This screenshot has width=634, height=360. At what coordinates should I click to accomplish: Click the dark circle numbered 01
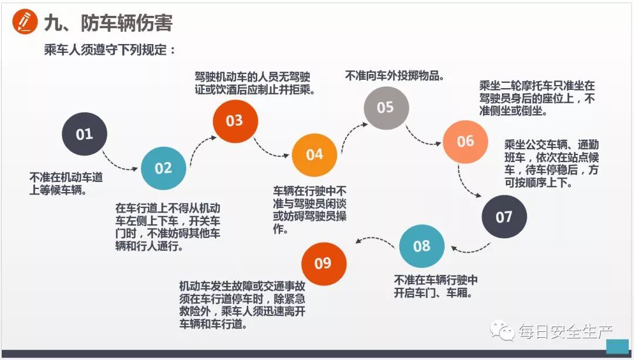[x=85, y=134]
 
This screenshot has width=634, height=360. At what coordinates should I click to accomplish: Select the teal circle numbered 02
[x=163, y=169]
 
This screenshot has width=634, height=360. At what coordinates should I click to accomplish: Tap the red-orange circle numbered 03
[x=234, y=121]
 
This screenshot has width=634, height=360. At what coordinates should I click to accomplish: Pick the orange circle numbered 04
[x=314, y=155]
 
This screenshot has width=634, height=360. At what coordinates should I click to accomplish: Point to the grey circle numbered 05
[x=386, y=108]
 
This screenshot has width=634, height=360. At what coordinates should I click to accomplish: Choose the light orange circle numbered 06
[x=465, y=142]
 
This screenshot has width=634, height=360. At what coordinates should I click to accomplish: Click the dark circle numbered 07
[x=504, y=217]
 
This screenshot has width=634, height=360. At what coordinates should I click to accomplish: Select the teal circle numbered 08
[x=421, y=246]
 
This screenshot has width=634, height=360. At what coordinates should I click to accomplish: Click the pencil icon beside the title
[x=25, y=22]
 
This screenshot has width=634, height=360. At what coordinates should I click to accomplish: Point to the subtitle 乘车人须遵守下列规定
[x=110, y=50]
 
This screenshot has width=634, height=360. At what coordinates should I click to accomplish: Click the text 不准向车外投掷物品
[x=394, y=76]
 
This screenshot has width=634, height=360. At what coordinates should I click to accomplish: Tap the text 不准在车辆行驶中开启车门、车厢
[x=436, y=286]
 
